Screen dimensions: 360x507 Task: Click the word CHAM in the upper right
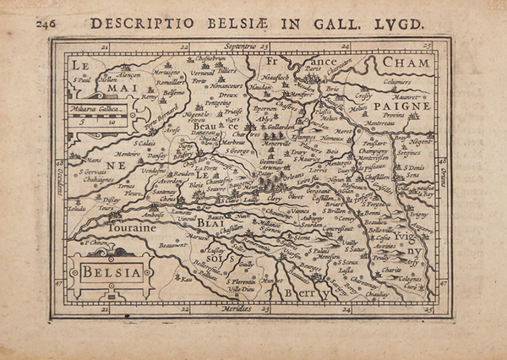pos(405,63)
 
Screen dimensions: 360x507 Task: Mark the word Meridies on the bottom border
pos(234,310)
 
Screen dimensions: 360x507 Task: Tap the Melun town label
pos(359,108)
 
